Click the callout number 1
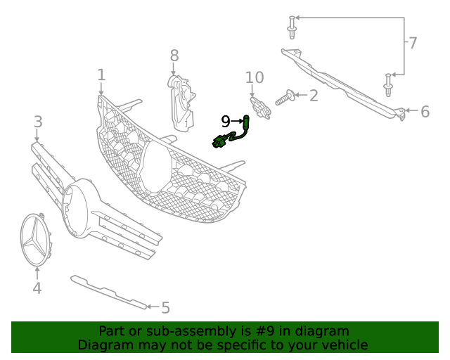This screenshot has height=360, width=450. click(101, 75)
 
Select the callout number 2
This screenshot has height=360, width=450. click(313, 95)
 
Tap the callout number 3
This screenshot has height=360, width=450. click(38, 122)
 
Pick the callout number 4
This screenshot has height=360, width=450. click(37, 288)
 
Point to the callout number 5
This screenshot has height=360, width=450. click(165, 307)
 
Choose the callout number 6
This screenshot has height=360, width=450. click(425, 111)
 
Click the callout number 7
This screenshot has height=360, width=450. click(413, 44)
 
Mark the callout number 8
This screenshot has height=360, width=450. click(174, 55)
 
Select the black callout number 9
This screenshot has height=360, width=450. click(225, 121)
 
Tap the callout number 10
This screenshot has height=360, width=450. click(254, 77)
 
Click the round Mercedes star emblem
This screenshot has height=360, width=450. click(37, 240)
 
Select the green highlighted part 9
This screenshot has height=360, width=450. click(232, 133)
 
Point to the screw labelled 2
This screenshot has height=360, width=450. click(285, 98)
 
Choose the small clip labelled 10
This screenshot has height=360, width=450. click(261, 108)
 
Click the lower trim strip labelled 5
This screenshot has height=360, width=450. click(109, 292)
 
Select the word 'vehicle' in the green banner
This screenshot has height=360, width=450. click(342, 345)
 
